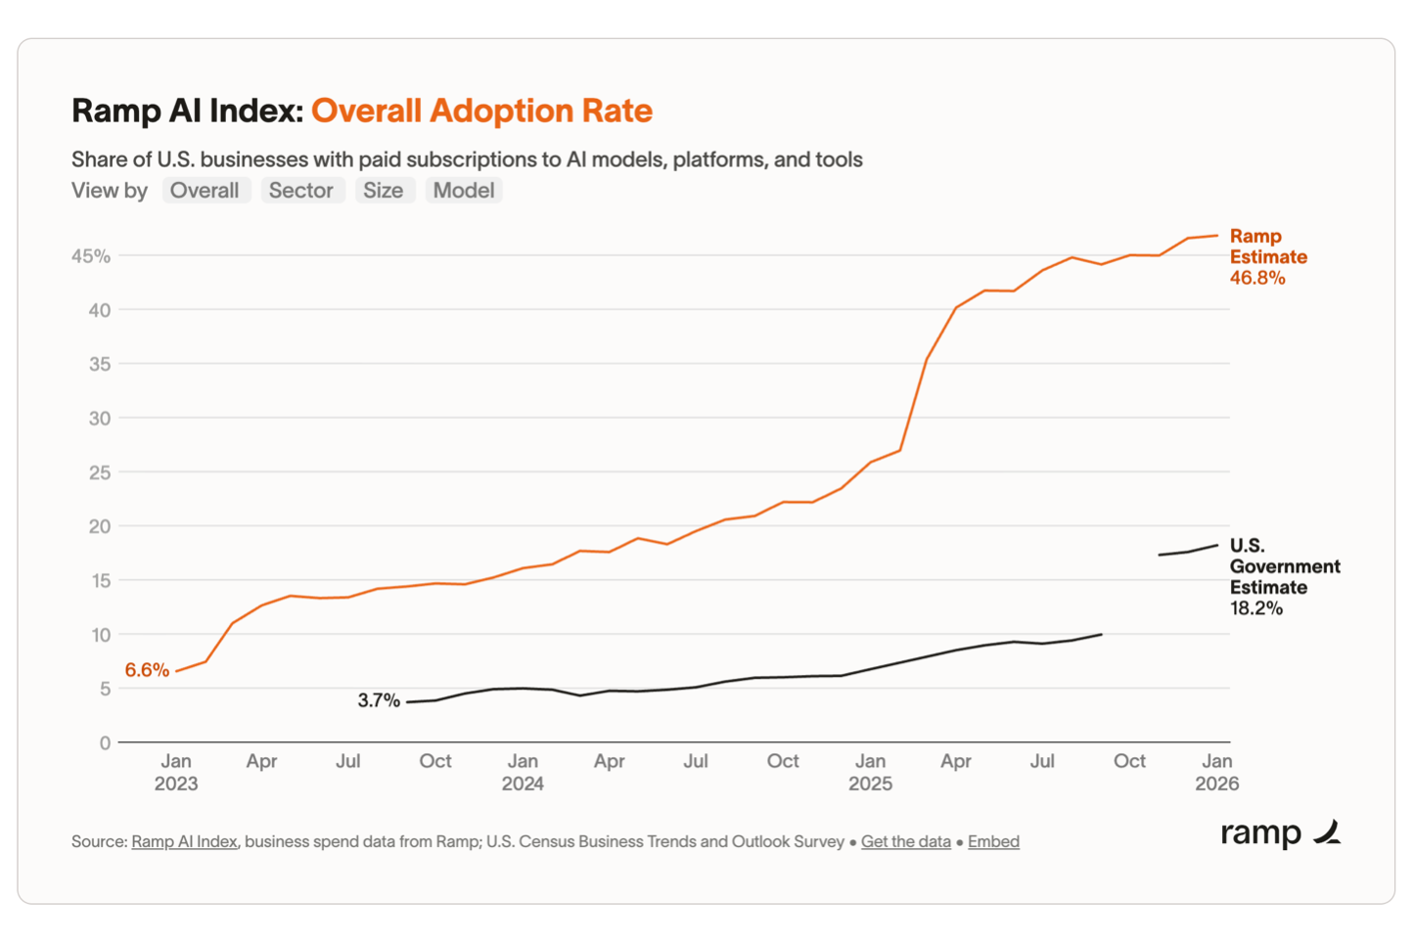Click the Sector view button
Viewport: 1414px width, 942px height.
(301, 191)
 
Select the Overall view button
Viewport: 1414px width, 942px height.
(205, 191)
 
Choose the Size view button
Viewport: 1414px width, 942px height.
(383, 191)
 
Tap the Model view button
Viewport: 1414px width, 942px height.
(464, 191)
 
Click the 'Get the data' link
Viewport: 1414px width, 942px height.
(905, 841)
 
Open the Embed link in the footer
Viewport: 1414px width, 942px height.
(993, 841)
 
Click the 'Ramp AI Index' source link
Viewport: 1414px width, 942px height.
(184, 841)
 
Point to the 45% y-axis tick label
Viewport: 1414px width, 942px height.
(91, 256)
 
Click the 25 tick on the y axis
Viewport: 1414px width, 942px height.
(100, 472)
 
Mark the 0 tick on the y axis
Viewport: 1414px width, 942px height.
(105, 743)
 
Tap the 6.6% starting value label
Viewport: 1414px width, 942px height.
(147, 670)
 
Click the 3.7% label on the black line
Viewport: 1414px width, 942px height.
(379, 700)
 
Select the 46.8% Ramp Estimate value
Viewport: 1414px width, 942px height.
(1257, 279)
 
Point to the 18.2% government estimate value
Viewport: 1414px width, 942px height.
(1255, 608)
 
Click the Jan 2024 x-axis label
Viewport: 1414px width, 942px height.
(523, 772)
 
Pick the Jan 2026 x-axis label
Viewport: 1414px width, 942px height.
(1216, 772)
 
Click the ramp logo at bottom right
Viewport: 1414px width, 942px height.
(1280, 832)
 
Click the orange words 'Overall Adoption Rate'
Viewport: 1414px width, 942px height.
(481, 111)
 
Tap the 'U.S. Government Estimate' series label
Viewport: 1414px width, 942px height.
(1284, 566)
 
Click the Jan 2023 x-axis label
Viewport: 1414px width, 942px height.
(176, 772)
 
